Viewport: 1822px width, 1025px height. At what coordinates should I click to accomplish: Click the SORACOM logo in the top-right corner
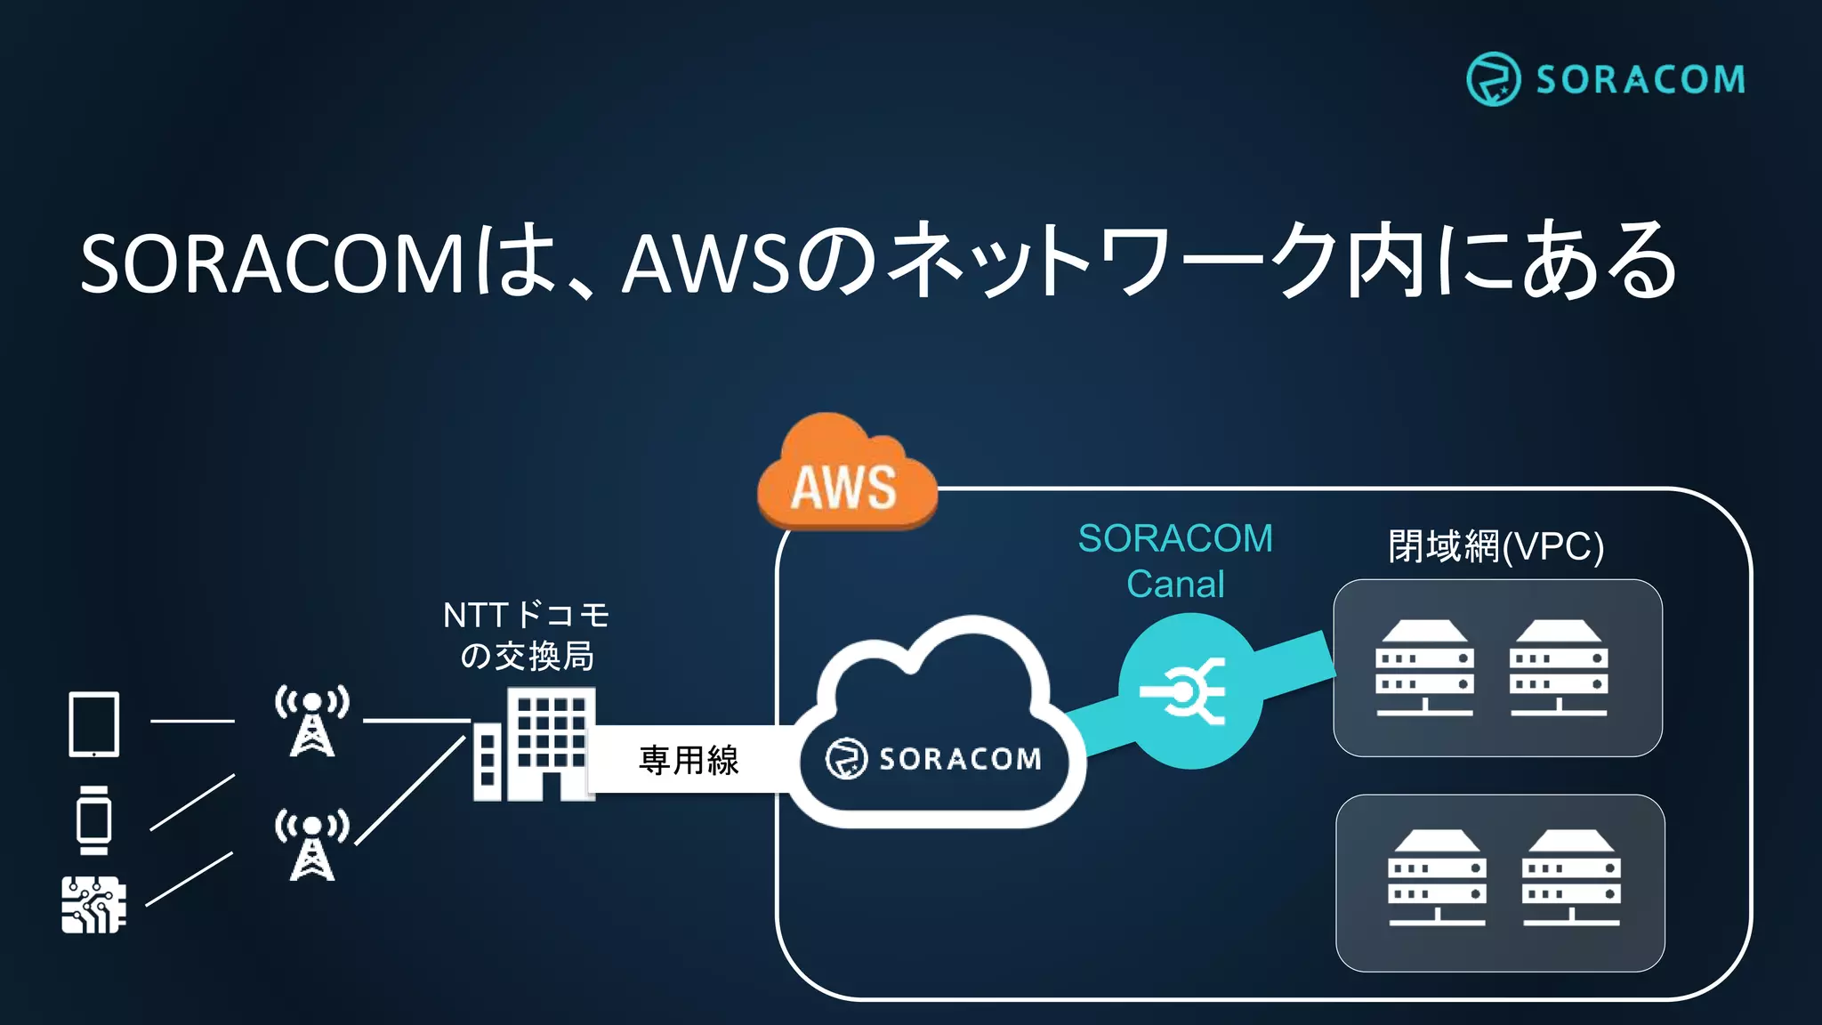tap(1606, 79)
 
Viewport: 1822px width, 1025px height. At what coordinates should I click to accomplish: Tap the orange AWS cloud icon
tap(845, 476)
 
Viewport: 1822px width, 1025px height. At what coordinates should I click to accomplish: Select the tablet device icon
tap(94, 724)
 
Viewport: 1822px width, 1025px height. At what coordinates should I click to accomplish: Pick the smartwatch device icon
tap(93, 819)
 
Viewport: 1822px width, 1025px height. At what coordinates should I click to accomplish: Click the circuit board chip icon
tap(93, 905)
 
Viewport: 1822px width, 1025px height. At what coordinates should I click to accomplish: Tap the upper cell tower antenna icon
tap(311, 721)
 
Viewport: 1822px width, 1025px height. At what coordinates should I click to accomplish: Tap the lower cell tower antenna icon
tap(311, 844)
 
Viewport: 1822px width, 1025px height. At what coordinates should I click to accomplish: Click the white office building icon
tap(534, 746)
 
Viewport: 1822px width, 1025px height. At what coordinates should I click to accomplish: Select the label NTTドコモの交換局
tap(527, 635)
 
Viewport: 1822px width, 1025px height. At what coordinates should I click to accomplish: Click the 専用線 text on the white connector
tap(689, 760)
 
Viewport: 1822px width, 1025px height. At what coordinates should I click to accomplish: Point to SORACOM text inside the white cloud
tap(959, 759)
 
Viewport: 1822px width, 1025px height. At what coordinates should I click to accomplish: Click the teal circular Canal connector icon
tap(1189, 690)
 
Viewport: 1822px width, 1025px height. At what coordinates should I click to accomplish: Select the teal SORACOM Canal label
tap(1175, 561)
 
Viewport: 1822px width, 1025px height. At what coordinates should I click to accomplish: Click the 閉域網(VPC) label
tap(1495, 546)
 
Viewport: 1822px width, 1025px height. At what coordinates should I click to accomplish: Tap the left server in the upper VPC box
tap(1424, 668)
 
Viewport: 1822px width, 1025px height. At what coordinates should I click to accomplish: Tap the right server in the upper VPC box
tap(1558, 668)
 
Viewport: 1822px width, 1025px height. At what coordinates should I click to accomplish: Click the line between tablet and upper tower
tap(192, 721)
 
